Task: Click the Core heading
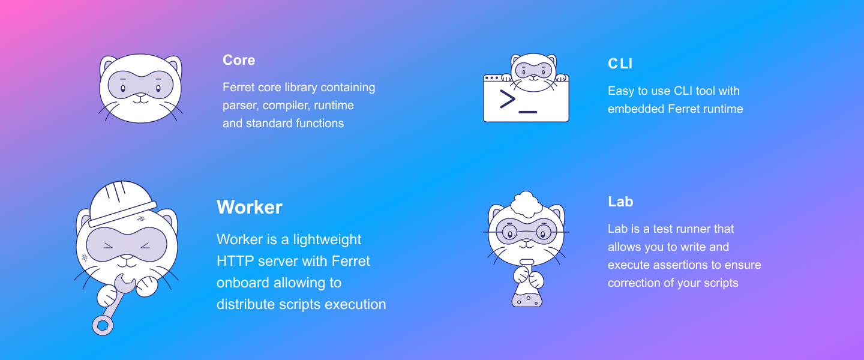click(239, 60)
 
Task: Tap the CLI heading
click(620, 64)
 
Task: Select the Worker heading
click(250, 207)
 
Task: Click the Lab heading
click(620, 202)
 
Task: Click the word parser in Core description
click(240, 106)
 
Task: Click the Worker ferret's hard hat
click(122, 203)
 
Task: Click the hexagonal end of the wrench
click(103, 325)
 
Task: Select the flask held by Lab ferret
click(527, 285)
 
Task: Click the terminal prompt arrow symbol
click(508, 99)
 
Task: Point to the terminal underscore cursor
click(528, 112)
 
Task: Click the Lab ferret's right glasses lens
click(544, 232)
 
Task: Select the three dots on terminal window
click(491, 78)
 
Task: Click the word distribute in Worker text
click(246, 304)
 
